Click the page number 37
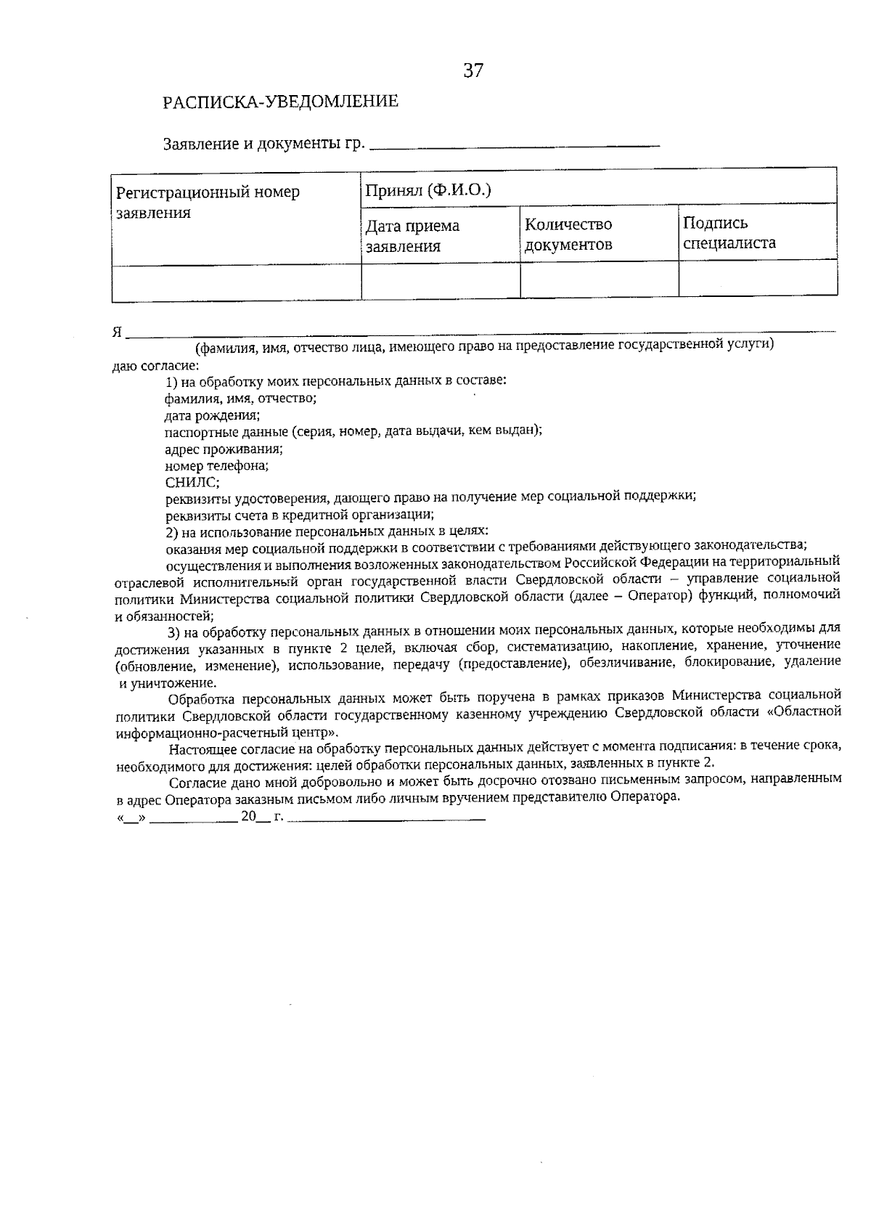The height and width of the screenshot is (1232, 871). pos(473,71)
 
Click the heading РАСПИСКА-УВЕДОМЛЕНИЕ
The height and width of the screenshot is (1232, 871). pos(281,102)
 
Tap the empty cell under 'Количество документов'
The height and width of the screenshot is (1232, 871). pos(599,280)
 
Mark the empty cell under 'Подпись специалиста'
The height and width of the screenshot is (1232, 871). pos(757,279)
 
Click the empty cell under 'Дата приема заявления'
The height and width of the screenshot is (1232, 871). pos(440,280)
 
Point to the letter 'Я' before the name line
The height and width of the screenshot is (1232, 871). pos(117,333)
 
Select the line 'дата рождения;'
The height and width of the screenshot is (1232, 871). pos(212,415)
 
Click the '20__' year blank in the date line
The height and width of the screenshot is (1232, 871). pos(254,815)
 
